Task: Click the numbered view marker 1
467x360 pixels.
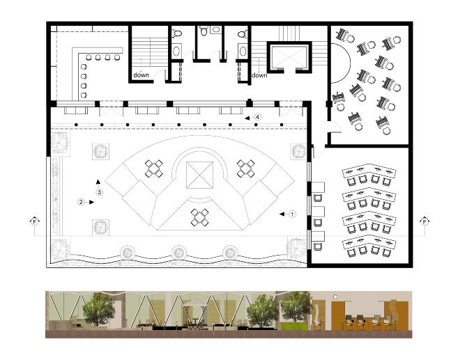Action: pos(292,214)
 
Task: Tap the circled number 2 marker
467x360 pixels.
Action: pos(81,202)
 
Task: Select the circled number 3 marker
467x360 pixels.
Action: pos(99,192)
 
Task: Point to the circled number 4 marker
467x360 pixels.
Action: pos(258,117)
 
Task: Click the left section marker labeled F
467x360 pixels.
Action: pos(35,221)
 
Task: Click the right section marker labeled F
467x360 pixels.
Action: pos(424,221)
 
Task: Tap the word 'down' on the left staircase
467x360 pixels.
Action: pos(141,75)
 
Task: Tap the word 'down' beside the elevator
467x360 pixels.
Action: pos(259,75)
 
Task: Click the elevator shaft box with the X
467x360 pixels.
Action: pos(289,57)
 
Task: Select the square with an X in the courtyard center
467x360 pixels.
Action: pos(199,175)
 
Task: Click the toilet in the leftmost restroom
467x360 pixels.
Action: pos(177,33)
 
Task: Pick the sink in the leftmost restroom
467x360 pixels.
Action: pos(176,51)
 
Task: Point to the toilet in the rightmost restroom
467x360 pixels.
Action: pos(243,33)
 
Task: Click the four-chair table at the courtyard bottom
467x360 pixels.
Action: pos(199,217)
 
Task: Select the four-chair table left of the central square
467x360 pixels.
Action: pos(154,169)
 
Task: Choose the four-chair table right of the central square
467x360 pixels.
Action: pos(246,169)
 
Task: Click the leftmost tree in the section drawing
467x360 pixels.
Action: pos(98,309)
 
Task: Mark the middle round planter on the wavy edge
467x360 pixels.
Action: pos(178,253)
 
